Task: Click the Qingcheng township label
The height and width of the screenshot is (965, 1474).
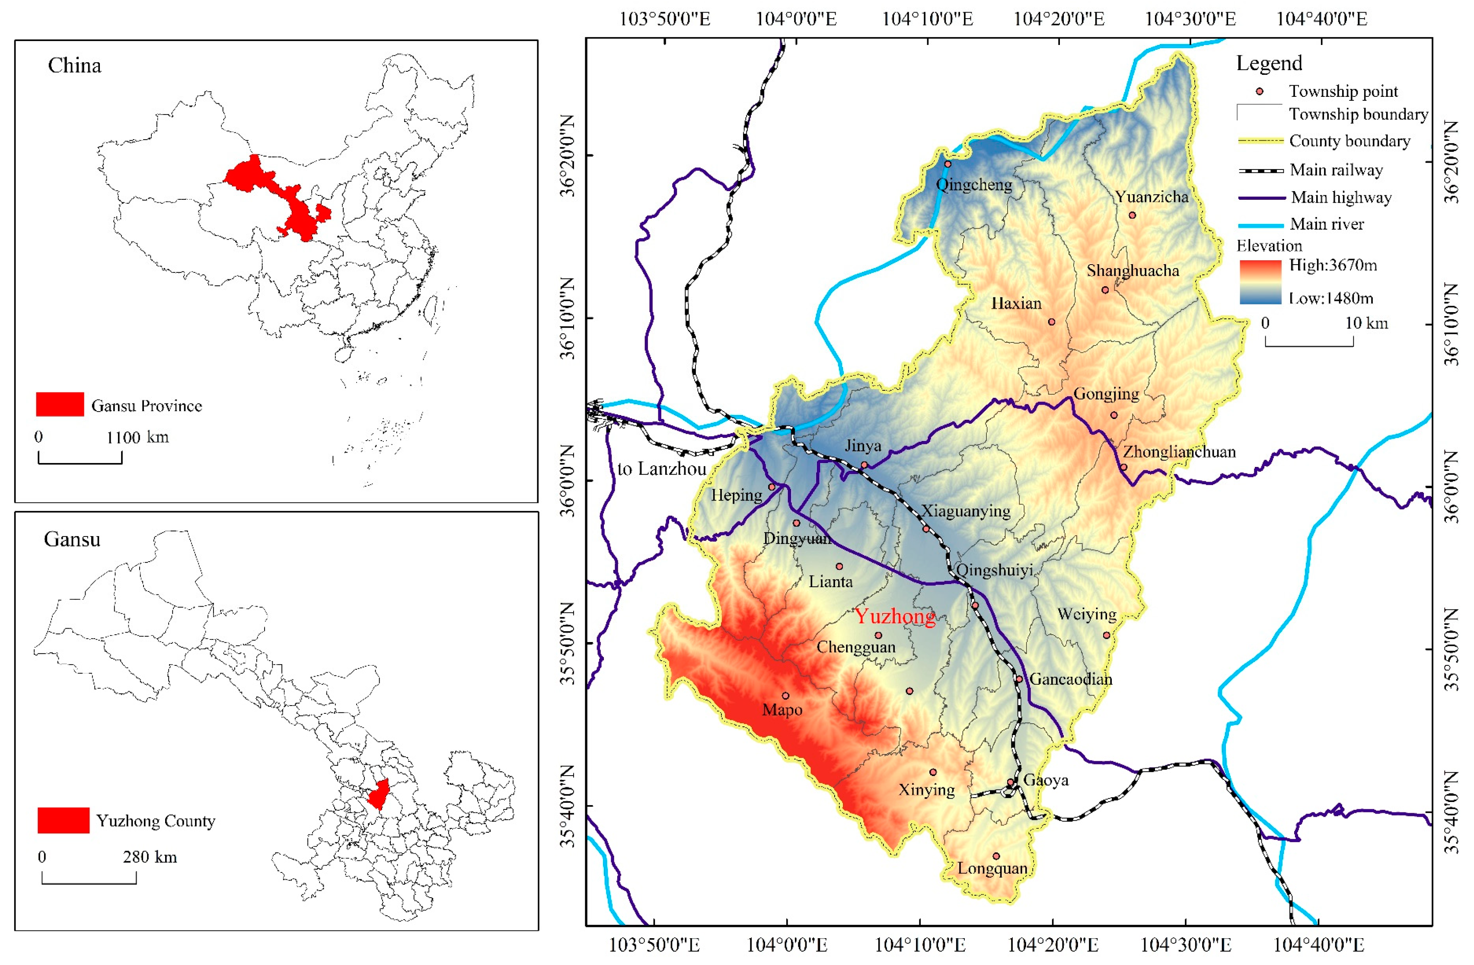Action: tap(973, 185)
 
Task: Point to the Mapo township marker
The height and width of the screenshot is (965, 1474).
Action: tap(785, 696)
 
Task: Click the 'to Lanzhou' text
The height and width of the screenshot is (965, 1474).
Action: tap(661, 469)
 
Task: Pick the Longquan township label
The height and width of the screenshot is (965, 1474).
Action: tap(992, 869)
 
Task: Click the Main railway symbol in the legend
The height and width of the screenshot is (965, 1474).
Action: tap(1260, 170)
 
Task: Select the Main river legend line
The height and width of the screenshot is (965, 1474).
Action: tap(1260, 225)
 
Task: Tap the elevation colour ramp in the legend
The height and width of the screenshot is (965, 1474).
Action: tap(1260, 282)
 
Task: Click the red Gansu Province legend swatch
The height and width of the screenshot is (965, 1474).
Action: tap(60, 404)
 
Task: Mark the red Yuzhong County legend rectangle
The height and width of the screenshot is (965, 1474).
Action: tap(63, 820)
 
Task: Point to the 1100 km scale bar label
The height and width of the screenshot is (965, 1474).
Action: tap(137, 437)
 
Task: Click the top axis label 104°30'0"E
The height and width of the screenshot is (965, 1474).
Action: tap(1190, 19)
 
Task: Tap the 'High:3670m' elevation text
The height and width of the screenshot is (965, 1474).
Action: tap(1333, 265)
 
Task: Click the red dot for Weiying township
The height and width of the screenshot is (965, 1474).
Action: tap(1107, 635)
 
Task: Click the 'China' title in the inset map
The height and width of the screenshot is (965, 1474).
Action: tap(74, 66)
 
